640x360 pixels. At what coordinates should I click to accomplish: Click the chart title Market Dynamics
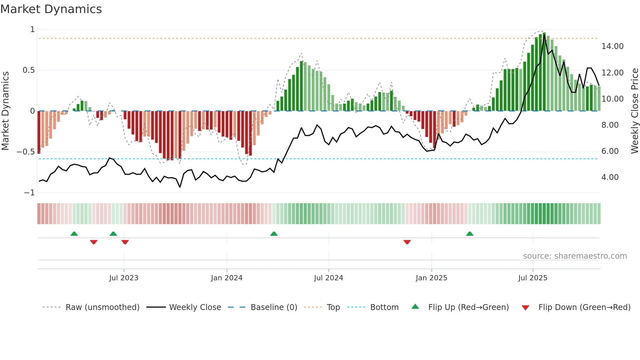[51, 9]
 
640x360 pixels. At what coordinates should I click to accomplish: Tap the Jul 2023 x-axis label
[124, 278]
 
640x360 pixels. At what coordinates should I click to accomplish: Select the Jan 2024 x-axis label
[227, 278]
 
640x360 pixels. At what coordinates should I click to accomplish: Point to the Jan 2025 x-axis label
[431, 278]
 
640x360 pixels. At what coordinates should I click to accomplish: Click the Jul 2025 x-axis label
[533, 278]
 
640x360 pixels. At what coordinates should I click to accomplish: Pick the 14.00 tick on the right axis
[612, 46]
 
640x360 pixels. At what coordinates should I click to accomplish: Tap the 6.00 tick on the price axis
[610, 151]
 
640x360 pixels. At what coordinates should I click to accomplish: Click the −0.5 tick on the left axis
[25, 152]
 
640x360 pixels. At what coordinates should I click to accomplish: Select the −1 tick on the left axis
[29, 193]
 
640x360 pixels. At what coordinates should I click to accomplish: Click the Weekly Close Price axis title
[634, 111]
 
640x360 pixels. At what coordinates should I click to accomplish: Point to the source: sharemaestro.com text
[575, 256]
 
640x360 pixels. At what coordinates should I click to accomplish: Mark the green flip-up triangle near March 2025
[470, 234]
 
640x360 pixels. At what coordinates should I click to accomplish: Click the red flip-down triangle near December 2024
[407, 242]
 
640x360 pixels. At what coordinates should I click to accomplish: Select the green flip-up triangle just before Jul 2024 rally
[274, 234]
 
